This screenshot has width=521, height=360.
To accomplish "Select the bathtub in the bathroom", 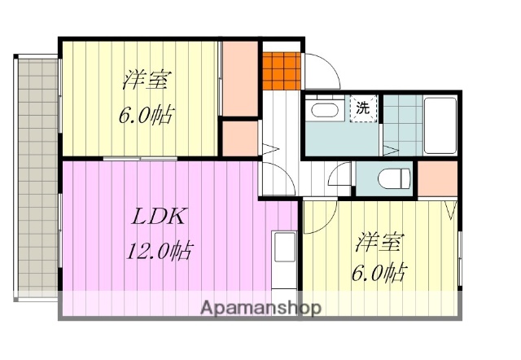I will [442, 125].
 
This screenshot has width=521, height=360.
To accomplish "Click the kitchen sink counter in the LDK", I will [284, 259].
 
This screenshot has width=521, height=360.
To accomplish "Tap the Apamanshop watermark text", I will [260, 308].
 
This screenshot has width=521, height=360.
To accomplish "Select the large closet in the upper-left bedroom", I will [240, 78].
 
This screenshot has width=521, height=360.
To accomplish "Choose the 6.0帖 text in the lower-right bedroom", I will [380, 272].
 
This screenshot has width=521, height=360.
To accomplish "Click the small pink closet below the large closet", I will [240, 138].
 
